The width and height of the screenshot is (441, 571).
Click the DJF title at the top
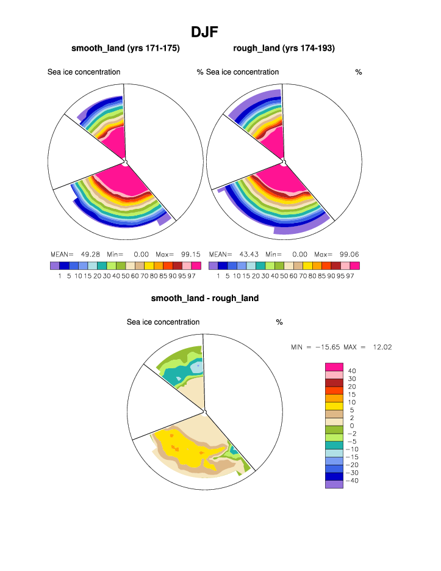click(x=205, y=32)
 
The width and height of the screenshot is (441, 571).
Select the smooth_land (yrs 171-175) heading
click(x=126, y=48)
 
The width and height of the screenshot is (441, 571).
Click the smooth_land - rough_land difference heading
click(x=205, y=299)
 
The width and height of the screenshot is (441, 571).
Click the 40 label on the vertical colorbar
click(x=352, y=371)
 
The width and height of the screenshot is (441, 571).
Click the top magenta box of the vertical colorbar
click(x=334, y=366)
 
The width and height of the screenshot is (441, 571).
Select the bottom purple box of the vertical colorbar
click(x=334, y=484)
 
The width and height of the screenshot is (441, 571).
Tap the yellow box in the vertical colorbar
click(x=334, y=406)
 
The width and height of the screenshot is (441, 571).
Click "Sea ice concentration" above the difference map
click(x=163, y=322)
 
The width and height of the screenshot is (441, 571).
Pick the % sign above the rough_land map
click(x=359, y=72)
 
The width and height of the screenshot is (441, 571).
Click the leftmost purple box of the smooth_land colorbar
click(x=55, y=266)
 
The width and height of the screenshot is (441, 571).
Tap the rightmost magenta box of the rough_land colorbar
click(x=354, y=266)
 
